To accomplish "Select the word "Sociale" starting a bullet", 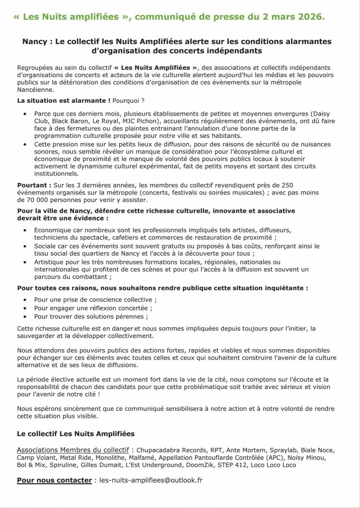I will click(46, 246).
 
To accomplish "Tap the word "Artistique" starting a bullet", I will click(51, 261).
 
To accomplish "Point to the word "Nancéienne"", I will click(34, 90).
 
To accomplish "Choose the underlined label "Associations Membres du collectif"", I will click(74, 450).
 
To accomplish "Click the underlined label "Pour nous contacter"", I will click(54, 480).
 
